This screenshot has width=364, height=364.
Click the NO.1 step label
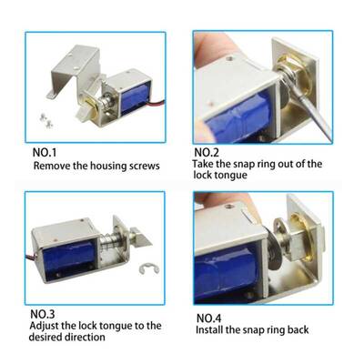pos(45,152)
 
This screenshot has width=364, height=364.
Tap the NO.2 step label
pos(207,152)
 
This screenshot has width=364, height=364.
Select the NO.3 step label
pos(43,314)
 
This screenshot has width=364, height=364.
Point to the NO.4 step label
pos(209,318)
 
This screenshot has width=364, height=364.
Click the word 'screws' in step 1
pos(144,167)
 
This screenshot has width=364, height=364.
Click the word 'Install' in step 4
pos(209,329)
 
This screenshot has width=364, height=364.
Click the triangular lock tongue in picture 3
pos(141,238)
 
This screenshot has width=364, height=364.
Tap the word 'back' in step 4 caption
pos(298,329)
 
